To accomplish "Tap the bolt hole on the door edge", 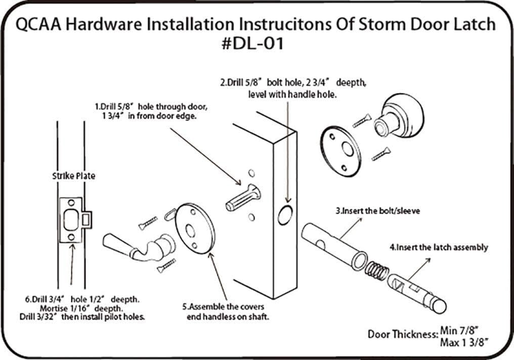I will point(285,215).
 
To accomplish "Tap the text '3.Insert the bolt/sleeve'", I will point(377,210).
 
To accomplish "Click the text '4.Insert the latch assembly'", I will point(439,247).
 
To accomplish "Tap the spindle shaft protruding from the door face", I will point(242,197).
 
